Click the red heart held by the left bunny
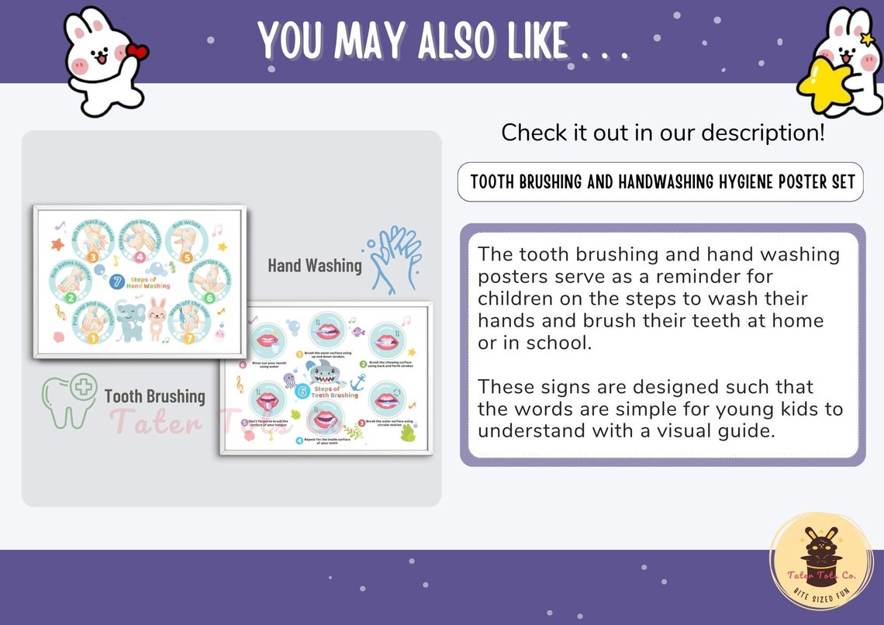click(x=136, y=53)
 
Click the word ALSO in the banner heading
click(x=454, y=40)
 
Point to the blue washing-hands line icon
click(x=395, y=259)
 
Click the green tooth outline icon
click(x=69, y=399)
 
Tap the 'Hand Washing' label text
click(x=315, y=266)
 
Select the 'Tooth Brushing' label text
click(x=154, y=396)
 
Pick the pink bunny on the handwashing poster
click(x=158, y=318)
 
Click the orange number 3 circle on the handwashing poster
click(x=92, y=256)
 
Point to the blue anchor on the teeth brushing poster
click(x=357, y=382)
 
